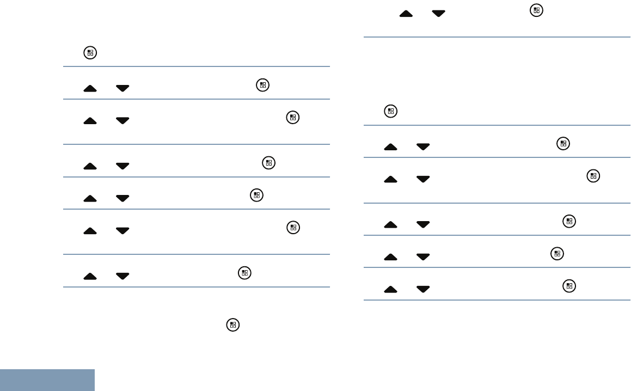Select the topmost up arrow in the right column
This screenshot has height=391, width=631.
tap(406, 14)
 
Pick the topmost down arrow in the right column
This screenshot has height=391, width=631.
tap(438, 14)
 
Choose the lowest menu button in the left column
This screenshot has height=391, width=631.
tap(232, 325)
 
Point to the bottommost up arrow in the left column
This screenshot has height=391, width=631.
tap(91, 276)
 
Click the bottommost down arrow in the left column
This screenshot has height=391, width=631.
tap(122, 276)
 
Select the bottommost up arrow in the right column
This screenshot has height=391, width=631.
tap(390, 289)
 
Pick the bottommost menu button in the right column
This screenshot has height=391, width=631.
tap(569, 285)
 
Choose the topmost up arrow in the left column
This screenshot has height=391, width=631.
tap(91, 88)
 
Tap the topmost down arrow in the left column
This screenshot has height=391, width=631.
tap(122, 88)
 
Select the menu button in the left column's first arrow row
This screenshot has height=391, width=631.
tap(263, 85)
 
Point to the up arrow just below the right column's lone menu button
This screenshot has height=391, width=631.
tap(390, 146)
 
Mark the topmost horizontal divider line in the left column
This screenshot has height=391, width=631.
tap(197, 66)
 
